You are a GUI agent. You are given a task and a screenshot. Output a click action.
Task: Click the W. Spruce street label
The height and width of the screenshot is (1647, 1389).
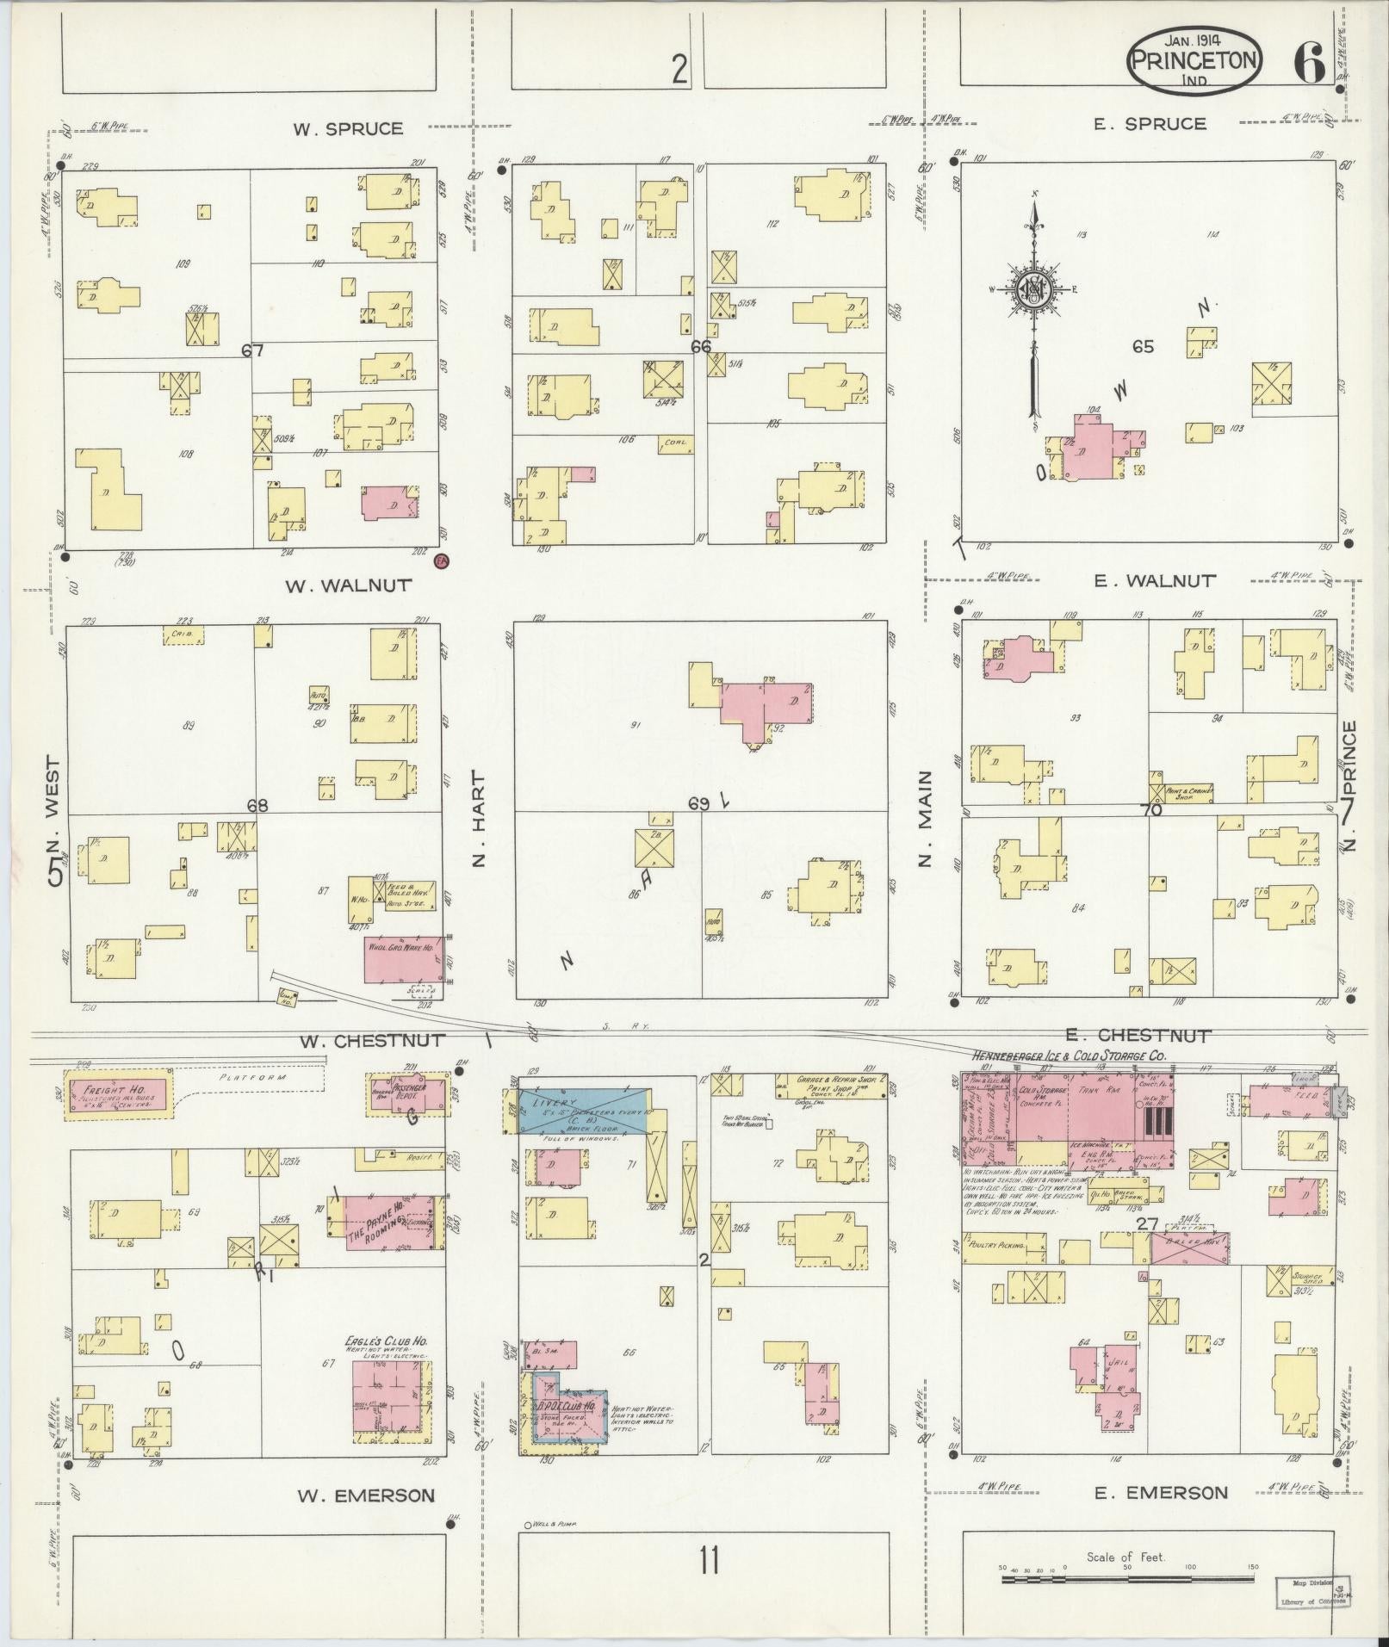347,129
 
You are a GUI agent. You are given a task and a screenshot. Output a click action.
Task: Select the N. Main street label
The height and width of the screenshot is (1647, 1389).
926,818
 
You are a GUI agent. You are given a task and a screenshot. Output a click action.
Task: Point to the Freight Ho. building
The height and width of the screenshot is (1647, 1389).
119,1093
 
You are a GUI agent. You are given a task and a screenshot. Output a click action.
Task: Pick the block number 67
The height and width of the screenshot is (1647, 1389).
251,350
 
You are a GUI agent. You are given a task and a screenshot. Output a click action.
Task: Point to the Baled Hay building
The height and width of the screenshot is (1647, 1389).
1189,1248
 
